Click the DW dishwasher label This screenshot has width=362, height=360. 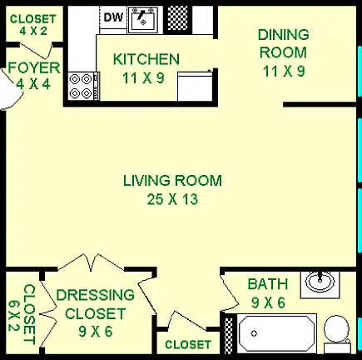click(113, 17)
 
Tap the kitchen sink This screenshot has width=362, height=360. click(142, 20)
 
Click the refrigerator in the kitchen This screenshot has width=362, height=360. click(195, 86)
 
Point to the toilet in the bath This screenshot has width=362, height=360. click(337, 334)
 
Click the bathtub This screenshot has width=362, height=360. click(277, 333)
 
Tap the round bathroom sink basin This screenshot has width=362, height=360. click(320, 281)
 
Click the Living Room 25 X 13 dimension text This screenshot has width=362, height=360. click(172, 199)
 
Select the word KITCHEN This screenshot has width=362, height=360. click(146, 59)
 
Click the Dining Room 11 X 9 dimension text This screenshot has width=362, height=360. click(284, 71)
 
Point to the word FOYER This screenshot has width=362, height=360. click(34, 68)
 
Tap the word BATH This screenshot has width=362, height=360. click(268, 284)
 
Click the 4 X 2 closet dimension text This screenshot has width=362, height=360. click(33, 31)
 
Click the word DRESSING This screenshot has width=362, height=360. click(95, 295)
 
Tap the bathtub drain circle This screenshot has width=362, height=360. click(254, 333)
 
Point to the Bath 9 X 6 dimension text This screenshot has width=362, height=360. click(268, 302)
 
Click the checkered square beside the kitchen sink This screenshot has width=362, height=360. click(177, 18)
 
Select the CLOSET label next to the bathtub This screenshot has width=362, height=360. click(188, 345)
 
